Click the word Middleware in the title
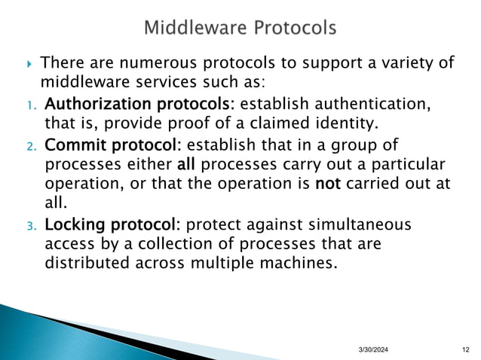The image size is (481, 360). coord(195,29)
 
